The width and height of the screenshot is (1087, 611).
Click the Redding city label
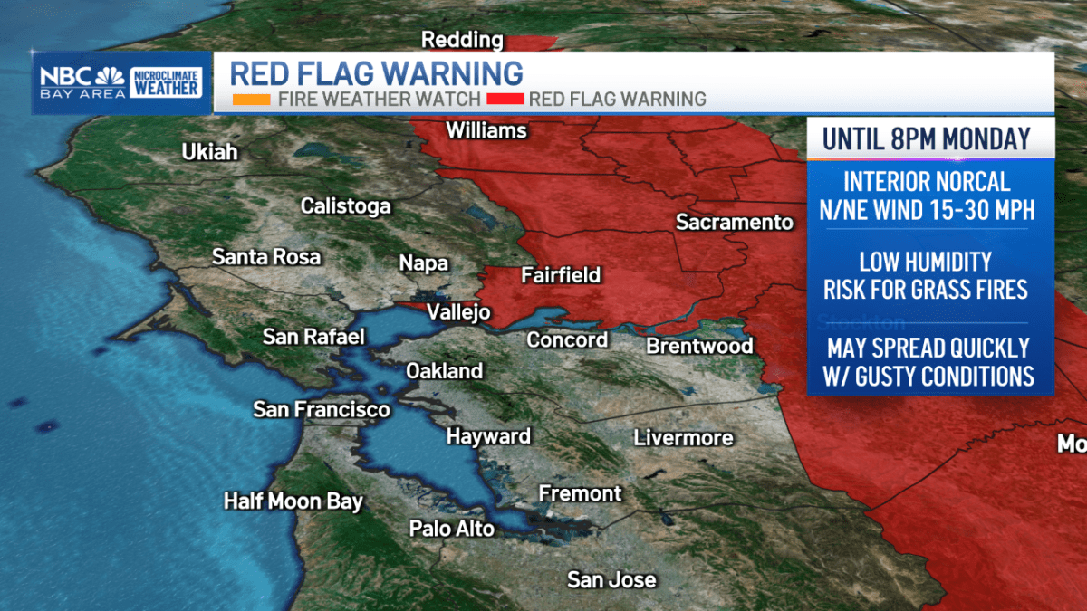click(x=463, y=40)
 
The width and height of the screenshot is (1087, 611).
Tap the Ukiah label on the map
click(x=210, y=152)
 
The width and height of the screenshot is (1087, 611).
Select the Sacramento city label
click(x=734, y=222)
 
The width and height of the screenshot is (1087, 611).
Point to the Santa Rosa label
click(x=266, y=257)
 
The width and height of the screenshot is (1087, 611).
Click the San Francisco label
click(x=322, y=409)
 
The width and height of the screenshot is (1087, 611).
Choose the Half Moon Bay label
click(x=293, y=501)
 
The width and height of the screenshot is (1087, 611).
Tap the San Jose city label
click(x=611, y=579)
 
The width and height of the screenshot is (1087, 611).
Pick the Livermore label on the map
click(x=683, y=438)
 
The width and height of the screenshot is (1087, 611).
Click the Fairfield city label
click(x=561, y=275)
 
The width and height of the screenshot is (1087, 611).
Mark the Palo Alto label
click(x=452, y=529)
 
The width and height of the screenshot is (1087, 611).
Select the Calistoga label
click(x=346, y=206)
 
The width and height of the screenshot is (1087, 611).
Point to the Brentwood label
click(x=699, y=346)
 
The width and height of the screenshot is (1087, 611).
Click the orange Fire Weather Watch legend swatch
click(x=251, y=99)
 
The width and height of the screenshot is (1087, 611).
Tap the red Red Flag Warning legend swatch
click(x=505, y=99)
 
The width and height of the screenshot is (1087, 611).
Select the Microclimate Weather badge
click(x=167, y=82)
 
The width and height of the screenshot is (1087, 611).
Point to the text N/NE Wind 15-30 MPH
click(x=929, y=211)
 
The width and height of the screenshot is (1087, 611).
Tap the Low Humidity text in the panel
click(x=925, y=263)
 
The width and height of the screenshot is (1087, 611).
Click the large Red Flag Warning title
click(x=376, y=72)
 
